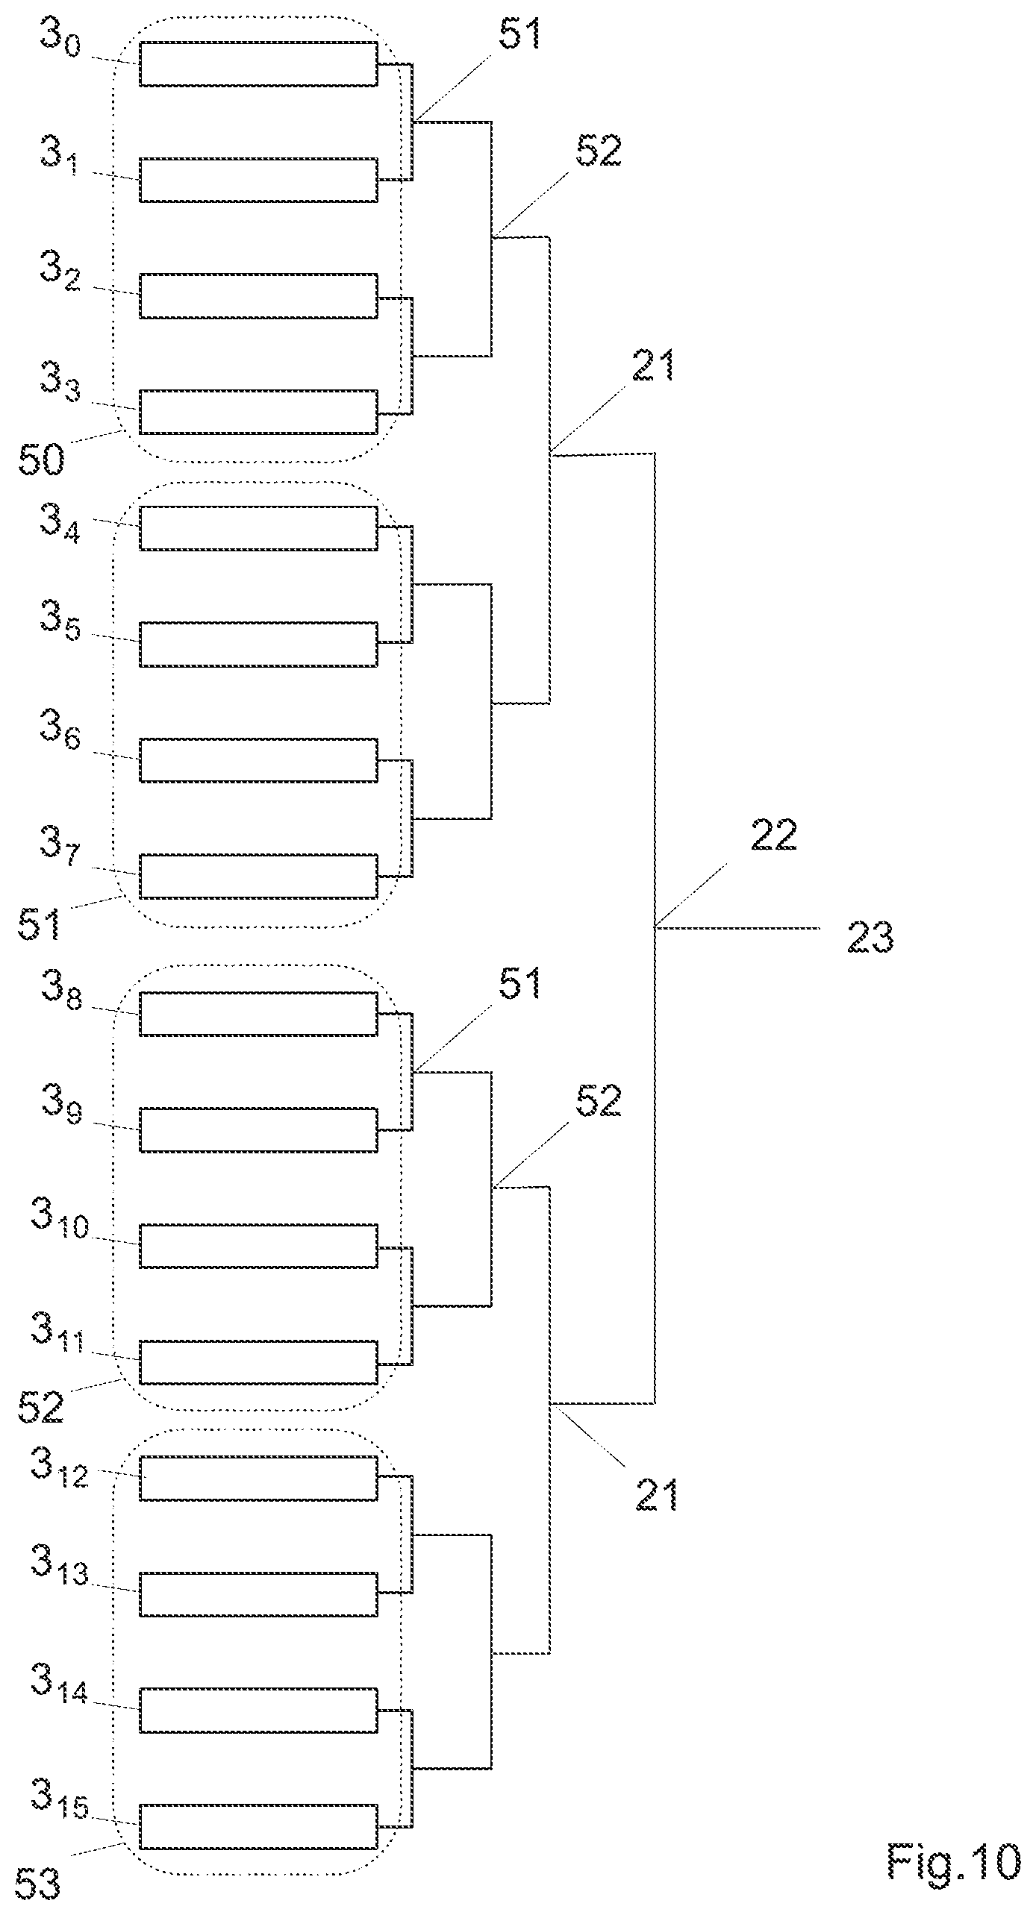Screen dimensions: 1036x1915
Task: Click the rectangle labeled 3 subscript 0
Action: (258, 64)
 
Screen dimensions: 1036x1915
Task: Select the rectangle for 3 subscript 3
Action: (258, 411)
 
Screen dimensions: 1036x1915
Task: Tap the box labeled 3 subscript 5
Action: (258, 644)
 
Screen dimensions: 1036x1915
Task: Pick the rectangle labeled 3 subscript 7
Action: (258, 876)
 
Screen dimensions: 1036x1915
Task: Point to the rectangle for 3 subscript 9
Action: (258, 1129)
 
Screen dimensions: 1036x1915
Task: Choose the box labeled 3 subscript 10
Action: (258, 1246)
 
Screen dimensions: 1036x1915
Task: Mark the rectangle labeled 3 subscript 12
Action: (258, 1478)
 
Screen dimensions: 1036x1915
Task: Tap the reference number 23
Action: (870, 937)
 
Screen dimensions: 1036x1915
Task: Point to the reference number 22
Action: (774, 836)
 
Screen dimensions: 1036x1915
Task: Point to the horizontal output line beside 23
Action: (737, 929)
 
